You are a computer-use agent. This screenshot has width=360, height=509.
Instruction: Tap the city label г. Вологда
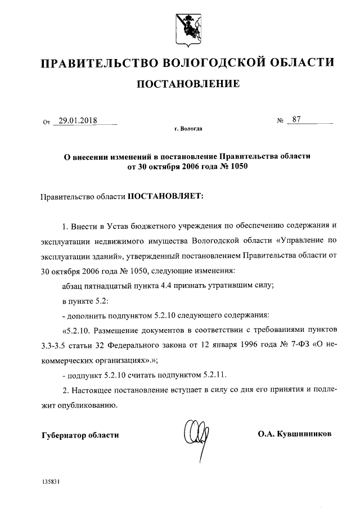click(x=188, y=129)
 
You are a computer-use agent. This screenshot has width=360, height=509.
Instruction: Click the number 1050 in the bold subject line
click(x=237, y=166)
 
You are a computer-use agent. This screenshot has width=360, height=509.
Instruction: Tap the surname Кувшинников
click(x=303, y=434)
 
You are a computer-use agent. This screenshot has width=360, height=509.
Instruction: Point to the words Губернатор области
click(x=80, y=435)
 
